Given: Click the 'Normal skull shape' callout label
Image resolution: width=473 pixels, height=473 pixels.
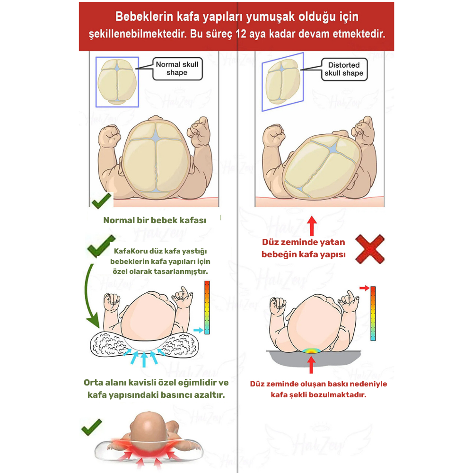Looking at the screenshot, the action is tap(177, 69).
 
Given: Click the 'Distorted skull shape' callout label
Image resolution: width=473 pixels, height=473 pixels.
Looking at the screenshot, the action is tap(344, 69).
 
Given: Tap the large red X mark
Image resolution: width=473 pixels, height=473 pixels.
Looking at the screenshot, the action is tap(370, 249).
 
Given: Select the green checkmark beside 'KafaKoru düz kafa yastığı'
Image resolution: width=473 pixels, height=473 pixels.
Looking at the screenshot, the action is tap(100, 246).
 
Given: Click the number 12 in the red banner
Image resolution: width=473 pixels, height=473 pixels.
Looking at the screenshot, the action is tap(241, 34).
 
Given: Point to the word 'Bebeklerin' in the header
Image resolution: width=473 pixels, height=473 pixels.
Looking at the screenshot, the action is tap(144, 17).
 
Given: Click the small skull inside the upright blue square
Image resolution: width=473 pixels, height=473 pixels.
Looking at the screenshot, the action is tap(117, 82).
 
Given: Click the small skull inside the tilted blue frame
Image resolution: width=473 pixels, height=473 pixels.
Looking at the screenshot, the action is tap(282, 81).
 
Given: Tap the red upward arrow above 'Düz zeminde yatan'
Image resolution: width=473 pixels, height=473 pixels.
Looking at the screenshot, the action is tap(312, 226).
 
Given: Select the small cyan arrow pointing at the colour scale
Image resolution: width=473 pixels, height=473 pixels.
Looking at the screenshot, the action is tap(198, 330).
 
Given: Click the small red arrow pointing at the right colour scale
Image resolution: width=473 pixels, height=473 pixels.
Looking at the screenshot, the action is tap(364, 288).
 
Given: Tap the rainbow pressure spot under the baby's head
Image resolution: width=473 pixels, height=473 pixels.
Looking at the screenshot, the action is tap(312, 351).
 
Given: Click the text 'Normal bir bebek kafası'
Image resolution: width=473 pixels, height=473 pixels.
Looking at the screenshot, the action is tap(155, 220).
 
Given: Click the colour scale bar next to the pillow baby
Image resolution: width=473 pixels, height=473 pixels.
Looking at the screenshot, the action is tap(207, 307).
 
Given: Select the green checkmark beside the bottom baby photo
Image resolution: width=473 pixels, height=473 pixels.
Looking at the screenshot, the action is tap(92, 427).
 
